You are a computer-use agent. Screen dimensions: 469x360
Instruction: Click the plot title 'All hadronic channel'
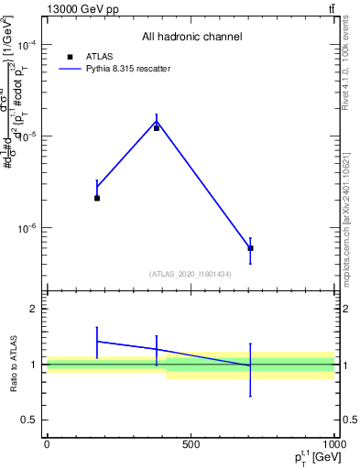(x=191, y=37)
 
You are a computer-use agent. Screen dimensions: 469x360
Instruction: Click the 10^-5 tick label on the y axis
(x=27, y=136)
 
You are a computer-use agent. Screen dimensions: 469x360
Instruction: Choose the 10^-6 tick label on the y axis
(x=27, y=227)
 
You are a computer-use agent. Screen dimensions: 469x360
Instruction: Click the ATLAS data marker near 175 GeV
(x=97, y=198)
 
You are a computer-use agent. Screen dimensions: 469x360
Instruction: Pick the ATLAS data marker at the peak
(x=157, y=127)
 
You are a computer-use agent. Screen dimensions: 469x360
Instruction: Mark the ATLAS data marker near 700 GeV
(x=250, y=248)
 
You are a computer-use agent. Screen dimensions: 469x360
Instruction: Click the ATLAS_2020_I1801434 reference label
(x=191, y=274)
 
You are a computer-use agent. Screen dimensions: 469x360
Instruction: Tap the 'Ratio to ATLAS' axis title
(x=14, y=364)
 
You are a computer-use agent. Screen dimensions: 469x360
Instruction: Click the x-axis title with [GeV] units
(x=306, y=457)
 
